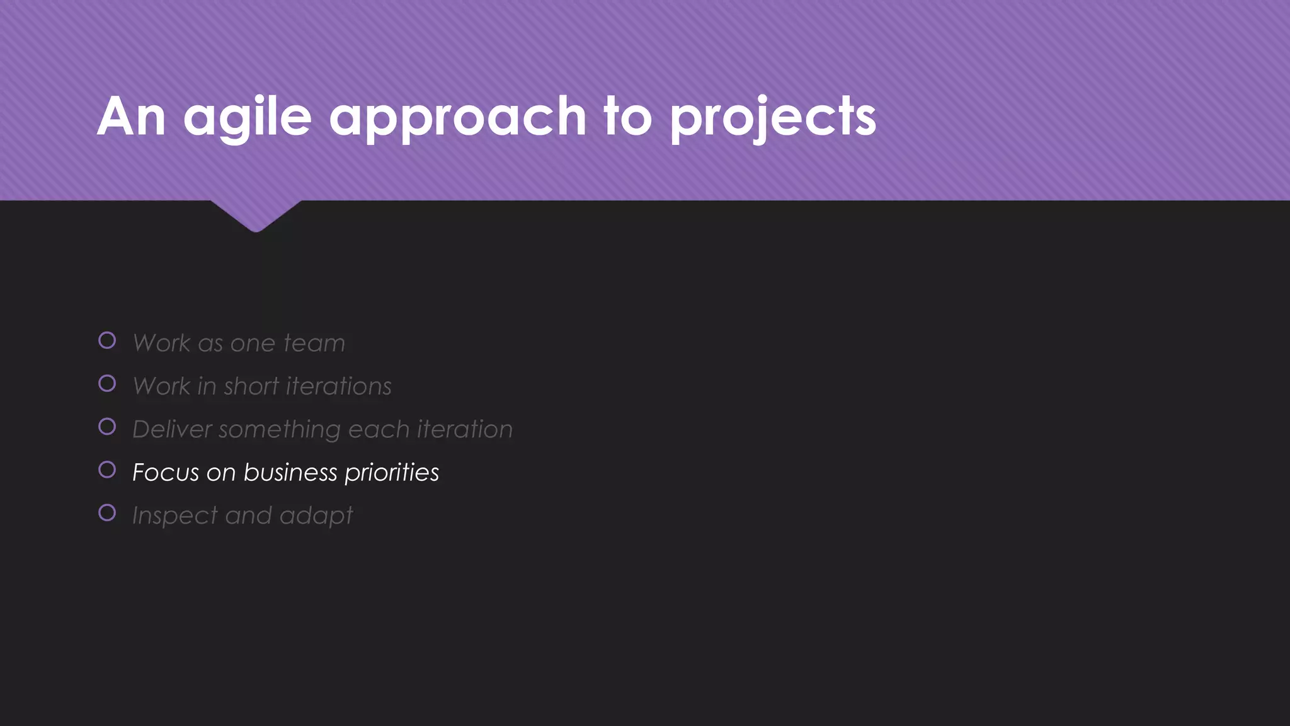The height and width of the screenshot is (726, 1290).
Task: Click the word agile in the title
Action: (x=247, y=117)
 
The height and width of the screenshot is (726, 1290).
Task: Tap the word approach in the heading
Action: (x=457, y=117)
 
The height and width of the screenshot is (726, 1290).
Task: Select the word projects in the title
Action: (x=773, y=117)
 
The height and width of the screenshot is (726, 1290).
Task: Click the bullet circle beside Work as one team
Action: (x=107, y=341)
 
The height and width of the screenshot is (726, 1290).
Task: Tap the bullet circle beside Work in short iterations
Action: (x=107, y=384)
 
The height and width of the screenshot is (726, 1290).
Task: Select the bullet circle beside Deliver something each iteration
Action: (x=107, y=427)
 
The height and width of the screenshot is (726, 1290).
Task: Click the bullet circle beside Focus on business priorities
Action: (x=107, y=470)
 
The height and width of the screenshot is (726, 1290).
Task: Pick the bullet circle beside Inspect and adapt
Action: (x=107, y=513)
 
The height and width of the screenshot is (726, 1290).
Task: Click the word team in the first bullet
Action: (x=314, y=343)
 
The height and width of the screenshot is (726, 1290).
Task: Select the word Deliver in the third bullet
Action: (x=171, y=429)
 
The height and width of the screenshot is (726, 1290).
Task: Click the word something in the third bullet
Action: (x=280, y=430)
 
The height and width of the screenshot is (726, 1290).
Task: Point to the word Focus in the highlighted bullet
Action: (x=165, y=473)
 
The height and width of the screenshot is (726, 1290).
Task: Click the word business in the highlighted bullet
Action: (x=290, y=473)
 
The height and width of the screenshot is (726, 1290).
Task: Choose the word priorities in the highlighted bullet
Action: (x=392, y=473)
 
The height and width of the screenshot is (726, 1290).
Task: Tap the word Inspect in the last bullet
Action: (x=174, y=516)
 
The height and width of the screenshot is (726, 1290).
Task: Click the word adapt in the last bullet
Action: (x=316, y=516)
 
